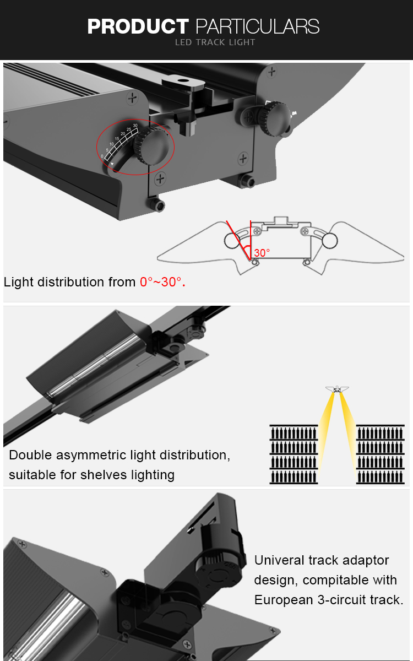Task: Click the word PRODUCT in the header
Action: pos(138,26)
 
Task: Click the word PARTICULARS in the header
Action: pos(257,26)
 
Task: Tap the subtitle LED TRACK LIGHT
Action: pos(215,42)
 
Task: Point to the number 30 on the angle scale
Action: pos(135,126)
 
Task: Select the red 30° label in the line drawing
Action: pos(262,253)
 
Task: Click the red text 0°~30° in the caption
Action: pos(162,283)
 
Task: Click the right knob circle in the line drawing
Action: pos(329,240)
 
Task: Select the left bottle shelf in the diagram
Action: pos(294,454)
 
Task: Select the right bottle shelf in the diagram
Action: pos(381,454)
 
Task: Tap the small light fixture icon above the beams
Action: pos(337,389)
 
